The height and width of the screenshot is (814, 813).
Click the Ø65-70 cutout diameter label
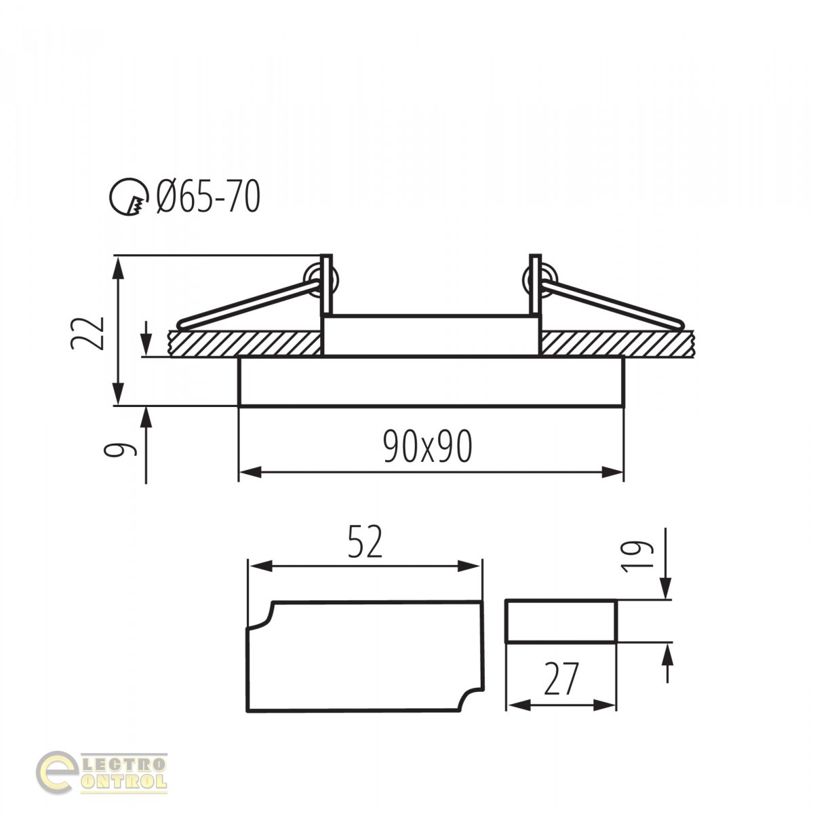click(x=208, y=197)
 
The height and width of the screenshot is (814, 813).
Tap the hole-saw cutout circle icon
click(x=129, y=197)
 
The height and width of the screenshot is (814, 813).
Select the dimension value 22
click(x=87, y=333)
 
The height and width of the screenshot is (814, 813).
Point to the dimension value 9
click(x=121, y=450)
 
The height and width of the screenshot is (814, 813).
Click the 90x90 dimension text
click(x=427, y=446)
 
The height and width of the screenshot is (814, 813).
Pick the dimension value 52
click(x=365, y=541)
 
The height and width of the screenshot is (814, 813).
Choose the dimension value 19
click(x=637, y=556)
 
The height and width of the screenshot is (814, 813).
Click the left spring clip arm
click(x=248, y=305)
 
